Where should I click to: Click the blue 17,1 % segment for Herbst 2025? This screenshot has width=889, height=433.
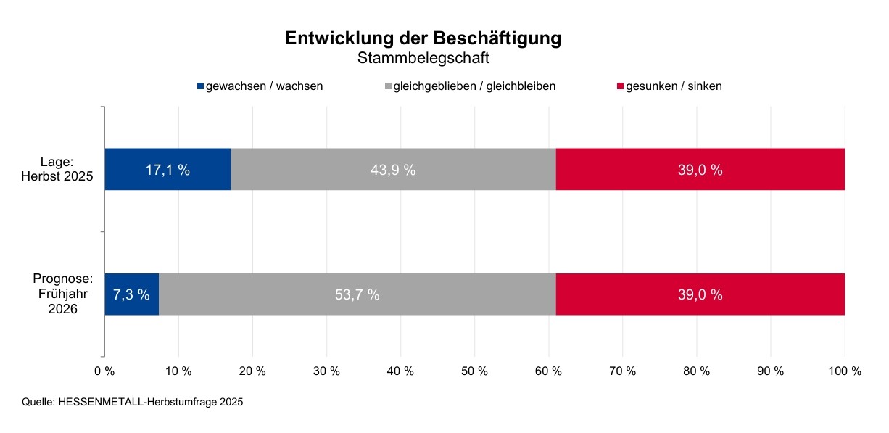pos(168,170)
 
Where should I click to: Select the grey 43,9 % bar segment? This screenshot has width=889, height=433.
pos(393,170)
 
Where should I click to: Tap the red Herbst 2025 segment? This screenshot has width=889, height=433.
pos(700,170)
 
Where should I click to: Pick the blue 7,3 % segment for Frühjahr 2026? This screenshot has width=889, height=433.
pos(131,294)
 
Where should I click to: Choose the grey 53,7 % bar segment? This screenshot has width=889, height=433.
pos(357,294)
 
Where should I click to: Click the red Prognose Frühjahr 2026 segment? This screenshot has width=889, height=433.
pos(700,294)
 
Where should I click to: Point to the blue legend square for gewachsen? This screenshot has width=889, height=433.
pos(201,86)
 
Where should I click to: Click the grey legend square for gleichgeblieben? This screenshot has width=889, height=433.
pos(388,86)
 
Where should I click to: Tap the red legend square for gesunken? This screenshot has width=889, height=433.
pos(620,86)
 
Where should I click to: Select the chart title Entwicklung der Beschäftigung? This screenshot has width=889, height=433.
pos(423,38)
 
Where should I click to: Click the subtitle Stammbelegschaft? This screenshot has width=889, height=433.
pos(423,58)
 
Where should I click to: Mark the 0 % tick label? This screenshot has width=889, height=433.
pos(104,371)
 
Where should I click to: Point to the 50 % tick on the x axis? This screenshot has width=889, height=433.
pos(474,371)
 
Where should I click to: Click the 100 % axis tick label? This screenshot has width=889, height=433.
pos(845,371)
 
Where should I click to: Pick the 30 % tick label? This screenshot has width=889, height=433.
pos(326,371)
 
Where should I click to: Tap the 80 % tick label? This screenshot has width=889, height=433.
pos(696,371)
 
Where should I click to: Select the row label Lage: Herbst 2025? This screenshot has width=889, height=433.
pos(67,169)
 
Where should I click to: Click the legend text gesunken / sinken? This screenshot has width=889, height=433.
pos(674,86)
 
